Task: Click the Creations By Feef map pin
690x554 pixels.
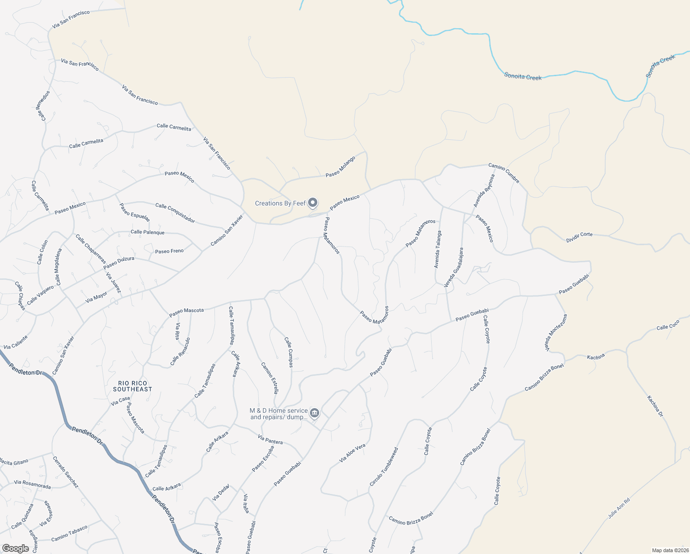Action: pos(313,203)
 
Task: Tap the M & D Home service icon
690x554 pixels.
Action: pos(315,413)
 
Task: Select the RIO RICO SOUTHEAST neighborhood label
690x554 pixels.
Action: pos(132,386)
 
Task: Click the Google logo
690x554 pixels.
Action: pos(15,548)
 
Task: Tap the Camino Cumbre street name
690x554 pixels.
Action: pos(504,173)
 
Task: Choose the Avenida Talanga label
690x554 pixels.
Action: pos(438,249)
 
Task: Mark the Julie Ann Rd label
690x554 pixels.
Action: pos(619,508)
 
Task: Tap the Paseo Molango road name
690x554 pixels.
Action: pos(340,167)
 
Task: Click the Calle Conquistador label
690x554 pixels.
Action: pos(175,212)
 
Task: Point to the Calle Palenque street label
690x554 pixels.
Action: pos(148,232)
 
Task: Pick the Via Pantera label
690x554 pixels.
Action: pos(270,440)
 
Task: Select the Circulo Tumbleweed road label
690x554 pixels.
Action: pos(383,466)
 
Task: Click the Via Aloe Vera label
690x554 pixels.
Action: pos(352,453)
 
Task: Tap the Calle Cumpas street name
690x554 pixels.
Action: pos(288,352)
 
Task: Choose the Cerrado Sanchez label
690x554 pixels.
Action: pos(65,472)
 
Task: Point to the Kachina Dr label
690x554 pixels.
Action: pos(654,406)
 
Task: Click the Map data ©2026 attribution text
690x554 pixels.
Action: pos(669,550)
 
